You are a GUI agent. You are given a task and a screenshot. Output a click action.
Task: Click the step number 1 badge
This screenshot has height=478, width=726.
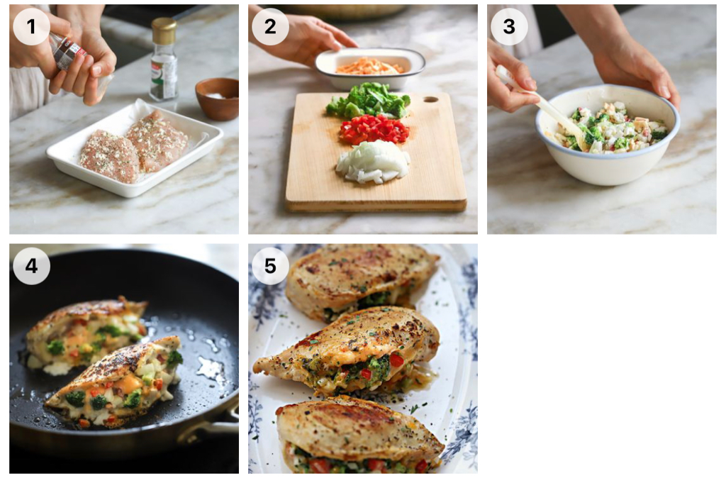pos(31,26)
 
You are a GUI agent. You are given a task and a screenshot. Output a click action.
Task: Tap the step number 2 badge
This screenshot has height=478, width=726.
pos(270,26)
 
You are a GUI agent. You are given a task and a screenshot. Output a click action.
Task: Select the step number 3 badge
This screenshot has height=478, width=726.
pos(509,26)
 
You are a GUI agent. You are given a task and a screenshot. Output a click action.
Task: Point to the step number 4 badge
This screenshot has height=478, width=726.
pos(31,265)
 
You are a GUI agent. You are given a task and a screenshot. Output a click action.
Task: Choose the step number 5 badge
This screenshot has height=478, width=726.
pos(270,265)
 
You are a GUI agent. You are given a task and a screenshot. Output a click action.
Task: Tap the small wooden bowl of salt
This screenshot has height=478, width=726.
pos(218,99)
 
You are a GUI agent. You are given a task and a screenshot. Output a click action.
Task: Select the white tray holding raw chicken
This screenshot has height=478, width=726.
pos(135,148)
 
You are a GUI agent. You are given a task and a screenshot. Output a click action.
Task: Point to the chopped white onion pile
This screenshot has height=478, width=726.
pos(373,162)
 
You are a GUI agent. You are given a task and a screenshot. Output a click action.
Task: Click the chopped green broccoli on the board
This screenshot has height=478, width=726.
pos(368,101)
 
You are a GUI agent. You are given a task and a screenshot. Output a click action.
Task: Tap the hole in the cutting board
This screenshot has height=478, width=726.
pos(430,99)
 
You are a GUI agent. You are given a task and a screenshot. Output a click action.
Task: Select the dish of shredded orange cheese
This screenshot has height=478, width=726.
pos(369,68)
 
